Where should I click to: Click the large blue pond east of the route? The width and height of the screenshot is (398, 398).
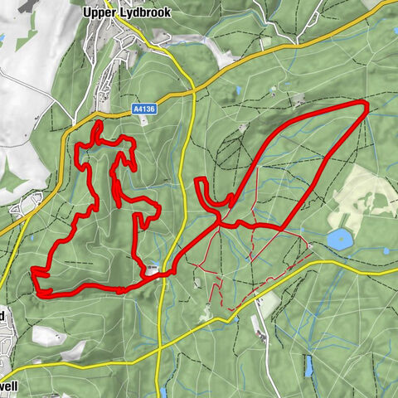point(338,240)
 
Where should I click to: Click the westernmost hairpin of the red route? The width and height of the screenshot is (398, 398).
point(34,270)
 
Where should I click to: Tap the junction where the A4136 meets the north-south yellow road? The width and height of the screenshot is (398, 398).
point(192,86)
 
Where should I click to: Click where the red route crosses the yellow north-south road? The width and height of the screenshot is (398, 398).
point(168,271)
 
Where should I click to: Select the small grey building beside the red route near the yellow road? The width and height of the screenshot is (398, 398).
point(153,268)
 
